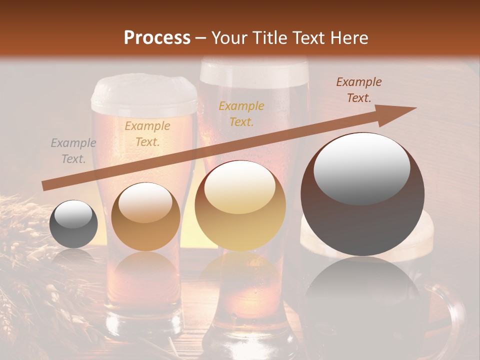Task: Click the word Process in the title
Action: tap(157, 37)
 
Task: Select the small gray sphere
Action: tap(73, 224)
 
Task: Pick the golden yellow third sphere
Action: tap(240, 205)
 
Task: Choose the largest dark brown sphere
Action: tap(362, 194)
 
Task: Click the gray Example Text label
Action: tap(73, 150)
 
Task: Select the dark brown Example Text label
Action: tap(358, 89)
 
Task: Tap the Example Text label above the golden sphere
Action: tap(241, 113)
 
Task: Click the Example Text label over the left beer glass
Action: tap(147, 133)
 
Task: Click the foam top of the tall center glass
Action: tap(254, 70)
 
